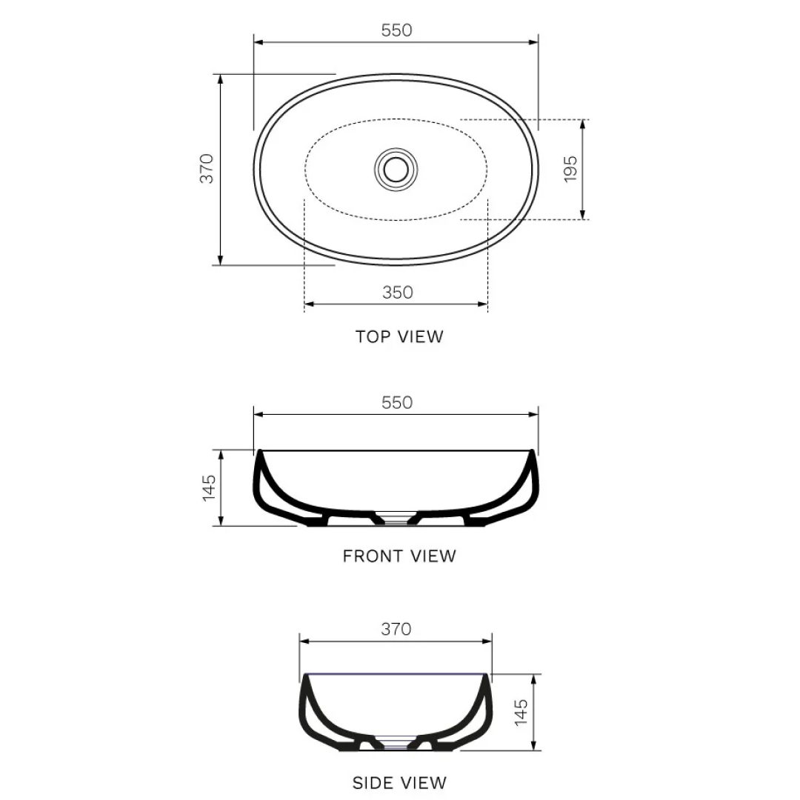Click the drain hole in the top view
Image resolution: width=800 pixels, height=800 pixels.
(396, 168)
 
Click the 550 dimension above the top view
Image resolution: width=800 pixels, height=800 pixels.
(396, 30)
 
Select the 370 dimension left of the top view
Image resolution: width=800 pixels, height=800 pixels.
(207, 168)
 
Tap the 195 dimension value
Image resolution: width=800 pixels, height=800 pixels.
(570, 169)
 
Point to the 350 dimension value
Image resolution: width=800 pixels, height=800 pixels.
(397, 293)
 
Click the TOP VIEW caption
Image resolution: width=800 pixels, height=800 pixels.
(399, 337)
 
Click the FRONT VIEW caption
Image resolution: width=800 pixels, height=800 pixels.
(399, 556)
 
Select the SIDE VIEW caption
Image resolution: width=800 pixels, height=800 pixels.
(399, 782)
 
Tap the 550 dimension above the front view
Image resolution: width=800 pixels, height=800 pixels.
(396, 403)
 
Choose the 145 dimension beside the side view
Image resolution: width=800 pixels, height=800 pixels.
(521, 712)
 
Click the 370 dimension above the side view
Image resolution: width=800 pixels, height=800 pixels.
(396, 630)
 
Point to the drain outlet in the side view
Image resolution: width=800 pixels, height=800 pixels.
(396, 744)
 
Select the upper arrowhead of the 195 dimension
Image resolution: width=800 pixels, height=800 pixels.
(583, 124)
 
